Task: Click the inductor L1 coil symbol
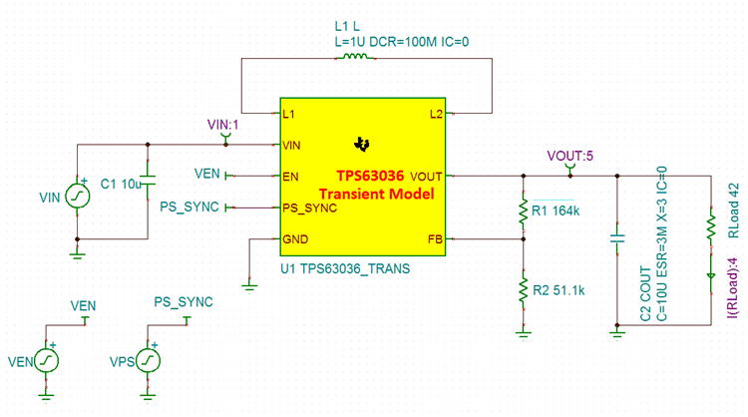click(x=356, y=57)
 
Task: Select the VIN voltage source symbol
click(x=77, y=198)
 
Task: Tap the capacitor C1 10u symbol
click(x=148, y=182)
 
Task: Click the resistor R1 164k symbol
click(x=523, y=211)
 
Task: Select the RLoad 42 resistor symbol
click(x=710, y=226)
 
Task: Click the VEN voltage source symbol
click(x=45, y=360)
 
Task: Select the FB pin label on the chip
click(x=435, y=239)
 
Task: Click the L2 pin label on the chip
click(x=436, y=115)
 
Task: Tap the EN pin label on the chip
click(x=291, y=176)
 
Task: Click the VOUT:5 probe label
click(x=568, y=156)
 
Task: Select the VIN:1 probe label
click(x=224, y=124)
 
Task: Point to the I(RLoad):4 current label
click(x=728, y=289)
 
